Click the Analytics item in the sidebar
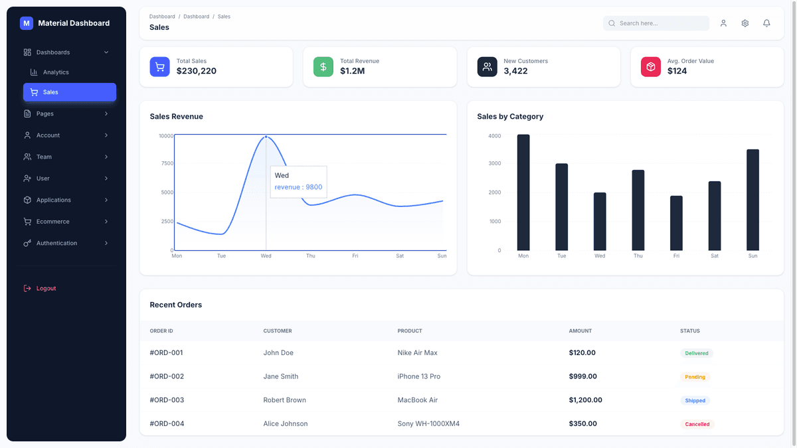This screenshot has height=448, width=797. (56, 72)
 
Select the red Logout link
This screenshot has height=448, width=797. (46, 289)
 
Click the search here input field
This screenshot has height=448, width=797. (661, 23)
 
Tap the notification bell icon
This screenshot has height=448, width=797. (766, 23)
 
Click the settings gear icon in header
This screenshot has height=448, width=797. (745, 23)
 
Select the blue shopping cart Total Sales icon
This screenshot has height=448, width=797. (159, 66)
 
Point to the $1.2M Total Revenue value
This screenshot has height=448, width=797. (352, 71)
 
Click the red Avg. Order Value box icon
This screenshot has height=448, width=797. (650, 66)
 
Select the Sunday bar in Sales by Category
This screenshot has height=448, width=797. (753, 200)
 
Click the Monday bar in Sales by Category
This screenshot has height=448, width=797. (523, 192)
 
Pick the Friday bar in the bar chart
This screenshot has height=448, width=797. (676, 223)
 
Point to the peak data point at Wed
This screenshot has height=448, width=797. (266, 137)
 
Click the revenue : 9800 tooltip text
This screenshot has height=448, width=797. (298, 187)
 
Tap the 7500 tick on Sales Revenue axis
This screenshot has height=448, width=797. (166, 163)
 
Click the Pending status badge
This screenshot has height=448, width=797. (695, 377)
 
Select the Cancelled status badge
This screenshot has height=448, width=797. (697, 424)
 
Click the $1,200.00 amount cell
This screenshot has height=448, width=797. (585, 400)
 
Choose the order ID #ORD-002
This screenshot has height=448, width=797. (167, 376)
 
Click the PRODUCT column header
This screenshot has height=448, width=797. (410, 331)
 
